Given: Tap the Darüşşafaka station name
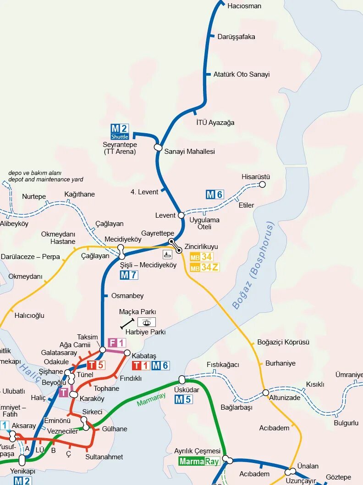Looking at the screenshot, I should click(x=236, y=37).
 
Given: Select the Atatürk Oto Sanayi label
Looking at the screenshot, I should click(x=242, y=74).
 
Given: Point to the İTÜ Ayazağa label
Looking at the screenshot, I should click(x=215, y=123).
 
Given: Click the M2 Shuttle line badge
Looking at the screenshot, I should click(x=120, y=132).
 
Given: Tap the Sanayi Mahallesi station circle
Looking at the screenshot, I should click(x=158, y=147).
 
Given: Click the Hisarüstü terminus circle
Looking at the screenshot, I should click(x=262, y=185).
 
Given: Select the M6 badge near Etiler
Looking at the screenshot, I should click(x=214, y=194).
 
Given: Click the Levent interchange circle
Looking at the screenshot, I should click(x=181, y=215).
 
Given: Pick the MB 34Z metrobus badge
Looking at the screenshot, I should click(x=204, y=267).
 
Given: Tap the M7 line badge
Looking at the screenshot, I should click(x=129, y=275).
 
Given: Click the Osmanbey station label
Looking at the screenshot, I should click(x=127, y=296).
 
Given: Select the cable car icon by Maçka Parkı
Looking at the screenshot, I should click(x=147, y=322).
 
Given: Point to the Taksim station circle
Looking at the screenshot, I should click(x=103, y=350).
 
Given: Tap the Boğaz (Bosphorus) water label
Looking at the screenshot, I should click(x=253, y=265).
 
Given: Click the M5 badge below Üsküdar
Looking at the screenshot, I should click(x=183, y=400).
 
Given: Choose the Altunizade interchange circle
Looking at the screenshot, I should click(x=266, y=393).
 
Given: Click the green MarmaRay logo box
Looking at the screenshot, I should click(x=199, y=461).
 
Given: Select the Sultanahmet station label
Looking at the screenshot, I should click(x=104, y=457).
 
